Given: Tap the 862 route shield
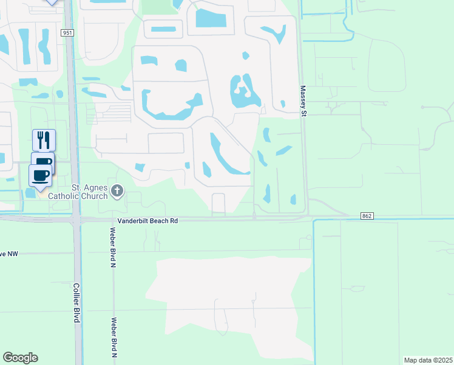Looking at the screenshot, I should (366, 215).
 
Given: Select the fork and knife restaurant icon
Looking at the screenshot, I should (44, 140).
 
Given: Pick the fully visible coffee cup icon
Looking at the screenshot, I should (41, 176).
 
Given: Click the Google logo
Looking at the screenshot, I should (20, 358).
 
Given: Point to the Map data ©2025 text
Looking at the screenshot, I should (429, 360).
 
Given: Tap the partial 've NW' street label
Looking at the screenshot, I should (10, 253).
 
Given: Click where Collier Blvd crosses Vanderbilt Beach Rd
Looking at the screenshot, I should (76, 219).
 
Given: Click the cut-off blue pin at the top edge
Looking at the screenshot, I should (52, 2).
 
